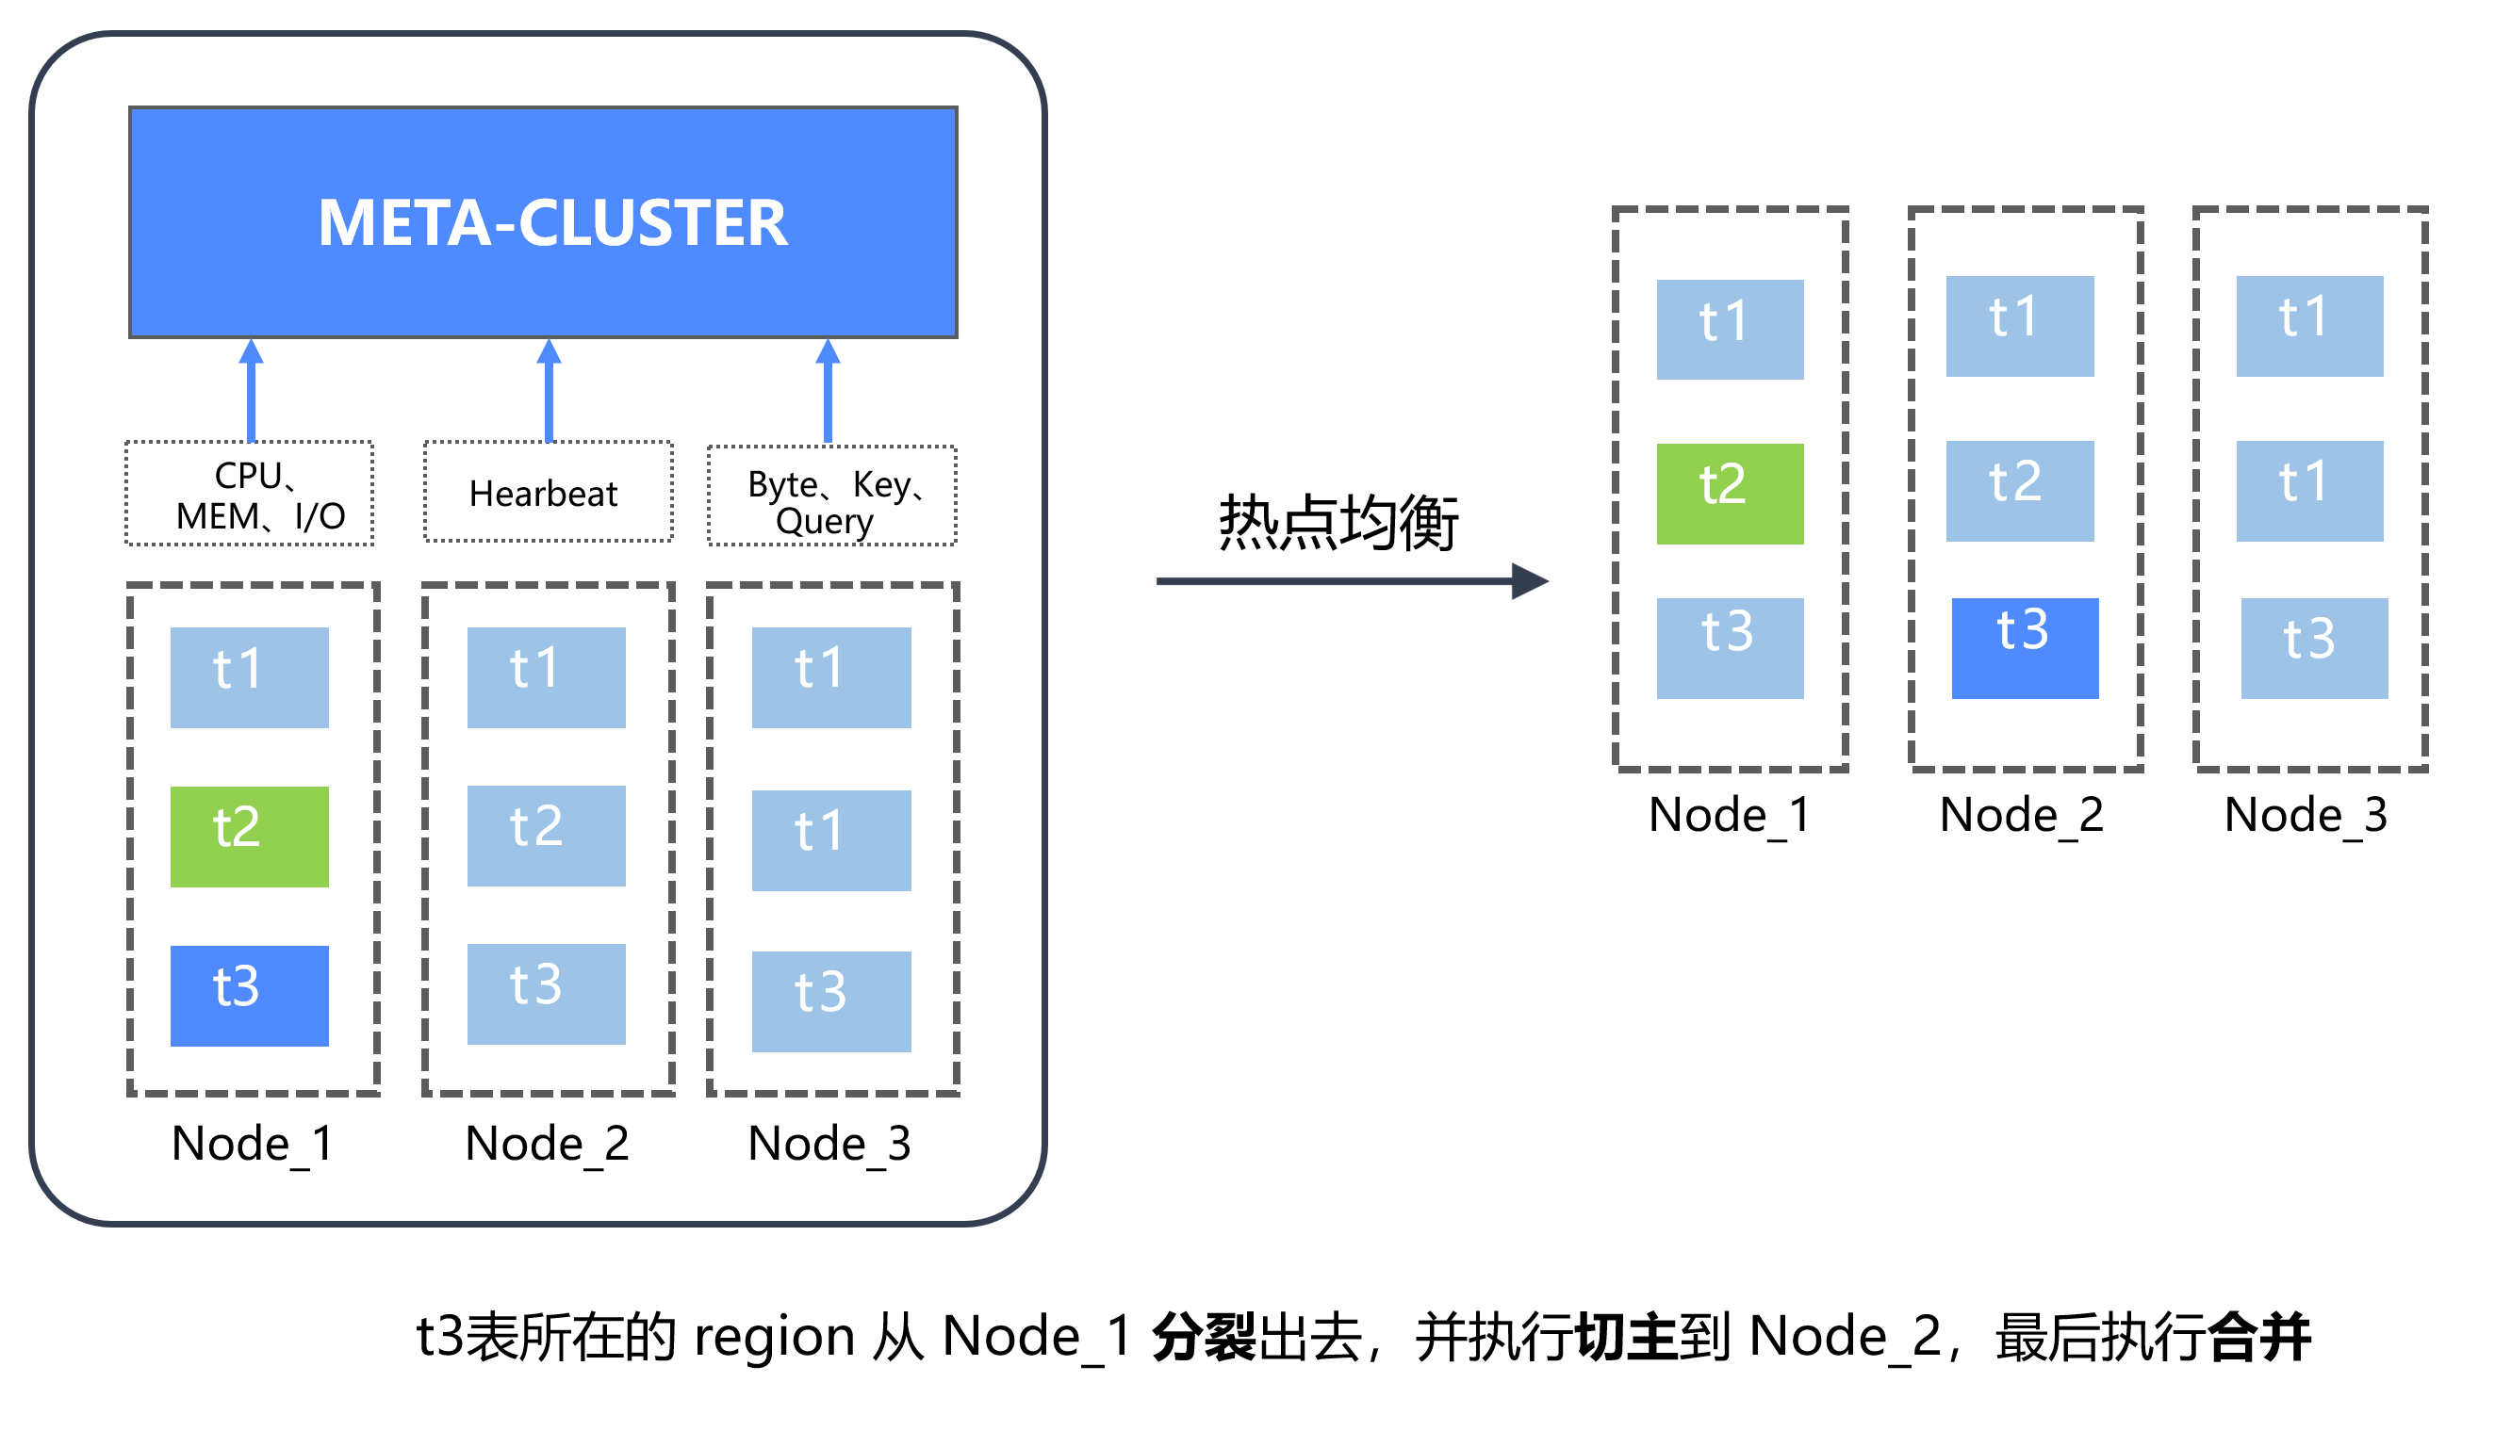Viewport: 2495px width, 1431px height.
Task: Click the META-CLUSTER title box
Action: pyautogui.click(x=543, y=222)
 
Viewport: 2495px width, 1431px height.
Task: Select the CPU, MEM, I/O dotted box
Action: pyautogui.click(x=249, y=494)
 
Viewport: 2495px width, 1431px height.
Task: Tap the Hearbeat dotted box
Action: pyautogui.click(x=548, y=492)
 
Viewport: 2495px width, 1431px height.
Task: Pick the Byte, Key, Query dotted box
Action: pyautogui.click(x=831, y=496)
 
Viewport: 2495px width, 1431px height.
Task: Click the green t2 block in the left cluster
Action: pyautogui.click(x=250, y=837)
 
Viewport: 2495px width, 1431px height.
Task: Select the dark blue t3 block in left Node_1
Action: pyautogui.click(x=250, y=996)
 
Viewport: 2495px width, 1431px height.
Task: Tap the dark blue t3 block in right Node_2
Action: pyautogui.click(x=2024, y=649)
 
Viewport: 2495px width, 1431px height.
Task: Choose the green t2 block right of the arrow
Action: pyautogui.click(x=1730, y=494)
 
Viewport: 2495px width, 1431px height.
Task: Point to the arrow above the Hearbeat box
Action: pyautogui.click(x=549, y=391)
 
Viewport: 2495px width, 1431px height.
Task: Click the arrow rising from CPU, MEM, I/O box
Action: pyautogui.click(x=252, y=391)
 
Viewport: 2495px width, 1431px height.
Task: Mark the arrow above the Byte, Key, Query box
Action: pyautogui.click(x=828, y=391)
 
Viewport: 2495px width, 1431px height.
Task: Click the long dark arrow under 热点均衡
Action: pyautogui.click(x=1352, y=581)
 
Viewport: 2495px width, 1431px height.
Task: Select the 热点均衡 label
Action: pyautogui.click(x=1338, y=522)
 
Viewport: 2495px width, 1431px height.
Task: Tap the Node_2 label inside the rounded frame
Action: pyautogui.click(x=547, y=1143)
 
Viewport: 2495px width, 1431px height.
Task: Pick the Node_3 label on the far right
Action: pyautogui.click(x=2306, y=815)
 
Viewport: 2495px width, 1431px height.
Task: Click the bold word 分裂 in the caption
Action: pyautogui.click(x=1205, y=1337)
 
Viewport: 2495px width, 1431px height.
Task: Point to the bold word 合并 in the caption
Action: pyautogui.click(x=2259, y=1337)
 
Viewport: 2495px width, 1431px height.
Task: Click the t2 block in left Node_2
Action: pyautogui.click(x=546, y=836)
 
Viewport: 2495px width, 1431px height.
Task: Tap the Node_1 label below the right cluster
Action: pyautogui.click(x=1730, y=815)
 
